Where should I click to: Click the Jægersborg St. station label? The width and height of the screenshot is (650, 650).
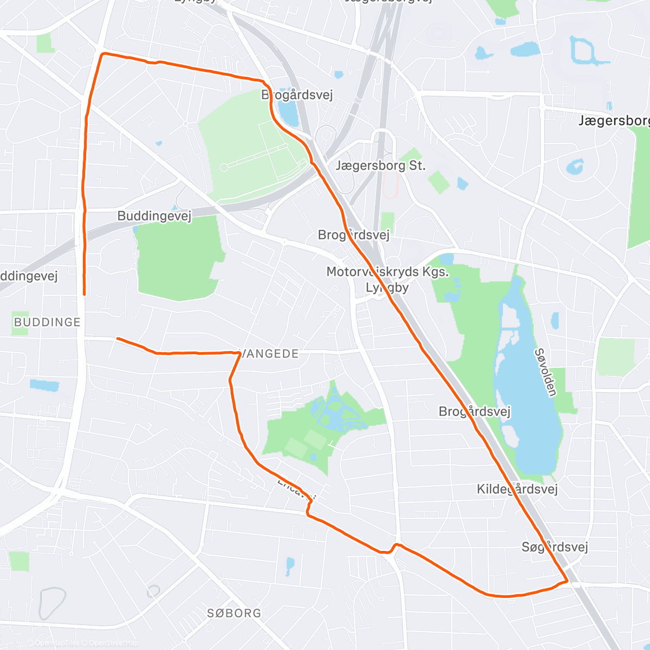point(380,165)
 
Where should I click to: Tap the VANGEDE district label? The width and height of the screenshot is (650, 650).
point(270,354)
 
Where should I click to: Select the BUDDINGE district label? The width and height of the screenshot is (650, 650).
point(47,322)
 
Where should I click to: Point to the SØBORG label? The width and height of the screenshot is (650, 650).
point(234,613)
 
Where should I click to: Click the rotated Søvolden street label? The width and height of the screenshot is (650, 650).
point(545,372)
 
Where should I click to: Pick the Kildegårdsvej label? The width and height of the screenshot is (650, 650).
point(517,489)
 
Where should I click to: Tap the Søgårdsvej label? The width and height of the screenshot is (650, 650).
point(555,547)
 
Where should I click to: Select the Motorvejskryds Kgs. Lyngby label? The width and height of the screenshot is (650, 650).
point(387,279)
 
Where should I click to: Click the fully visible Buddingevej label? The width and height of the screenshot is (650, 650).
point(154,216)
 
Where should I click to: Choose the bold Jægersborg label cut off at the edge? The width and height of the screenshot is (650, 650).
point(614,120)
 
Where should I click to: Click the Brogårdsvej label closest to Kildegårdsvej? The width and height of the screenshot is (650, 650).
point(474,412)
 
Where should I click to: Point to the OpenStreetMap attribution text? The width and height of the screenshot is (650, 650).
point(113,643)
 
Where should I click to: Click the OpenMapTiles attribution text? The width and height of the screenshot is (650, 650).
point(56,643)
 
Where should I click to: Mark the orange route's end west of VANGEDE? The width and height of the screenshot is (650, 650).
point(118,339)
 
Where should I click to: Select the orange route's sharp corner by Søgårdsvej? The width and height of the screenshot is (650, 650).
point(567,581)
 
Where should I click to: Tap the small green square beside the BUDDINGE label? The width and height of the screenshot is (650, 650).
point(19,323)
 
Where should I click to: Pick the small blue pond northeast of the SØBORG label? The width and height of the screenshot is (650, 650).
point(290,565)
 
